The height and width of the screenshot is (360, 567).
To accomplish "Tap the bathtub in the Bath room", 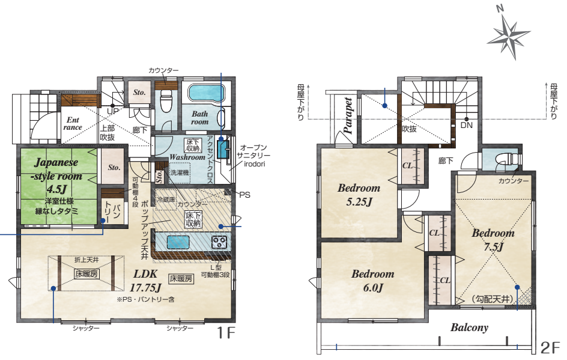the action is (x=207, y=93).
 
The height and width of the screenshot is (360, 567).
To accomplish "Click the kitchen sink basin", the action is (x=178, y=242).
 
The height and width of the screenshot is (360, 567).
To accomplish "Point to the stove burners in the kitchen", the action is (x=219, y=242).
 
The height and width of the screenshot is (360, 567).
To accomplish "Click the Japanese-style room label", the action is (x=58, y=175).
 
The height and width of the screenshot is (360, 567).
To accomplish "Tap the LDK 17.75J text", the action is (x=145, y=280).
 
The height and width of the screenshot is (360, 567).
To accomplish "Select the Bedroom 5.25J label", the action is (x=359, y=194).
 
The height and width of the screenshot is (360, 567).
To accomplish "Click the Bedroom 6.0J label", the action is (x=373, y=281).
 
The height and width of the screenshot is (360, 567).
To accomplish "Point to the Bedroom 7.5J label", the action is (x=493, y=239).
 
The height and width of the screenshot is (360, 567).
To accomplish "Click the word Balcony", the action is (x=469, y=328).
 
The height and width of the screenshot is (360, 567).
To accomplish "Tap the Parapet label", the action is (x=348, y=115).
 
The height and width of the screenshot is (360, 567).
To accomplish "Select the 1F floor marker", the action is (x=226, y=332).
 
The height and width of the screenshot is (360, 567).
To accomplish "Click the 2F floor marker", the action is (x=550, y=348).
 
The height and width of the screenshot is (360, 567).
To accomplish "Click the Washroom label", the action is (x=187, y=157).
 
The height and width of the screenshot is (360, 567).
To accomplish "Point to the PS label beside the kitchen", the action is (x=245, y=195).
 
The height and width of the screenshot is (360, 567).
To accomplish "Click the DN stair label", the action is (x=467, y=125).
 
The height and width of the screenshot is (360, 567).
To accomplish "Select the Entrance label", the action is (x=73, y=123).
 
